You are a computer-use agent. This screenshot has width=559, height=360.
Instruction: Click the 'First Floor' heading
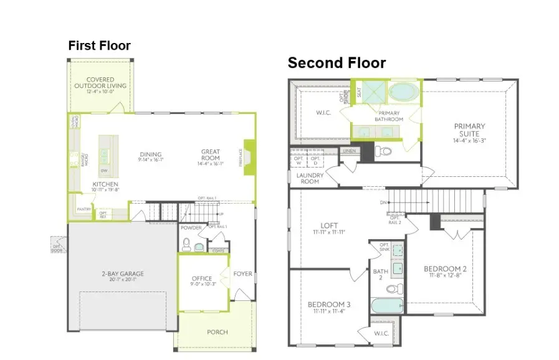click(x=99, y=45)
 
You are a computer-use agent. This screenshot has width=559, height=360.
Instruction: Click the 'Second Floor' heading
click(x=336, y=63)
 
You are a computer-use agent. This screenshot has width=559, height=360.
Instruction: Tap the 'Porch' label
click(x=217, y=332)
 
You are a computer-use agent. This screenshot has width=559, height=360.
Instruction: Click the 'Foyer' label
click(x=242, y=273)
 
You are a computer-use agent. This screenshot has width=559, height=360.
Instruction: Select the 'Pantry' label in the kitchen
click(x=83, y=209)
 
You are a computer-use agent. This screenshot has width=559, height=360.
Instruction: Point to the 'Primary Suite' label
click(x=469, y=130)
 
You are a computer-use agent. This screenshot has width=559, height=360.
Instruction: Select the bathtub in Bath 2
click(x=386, y=306)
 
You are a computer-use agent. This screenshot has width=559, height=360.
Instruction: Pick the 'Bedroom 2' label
click(x=445, y=269)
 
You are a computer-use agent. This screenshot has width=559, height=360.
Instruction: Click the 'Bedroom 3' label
click(x=329, y=305)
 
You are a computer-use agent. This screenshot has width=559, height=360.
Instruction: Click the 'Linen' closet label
click(x=348, y=151)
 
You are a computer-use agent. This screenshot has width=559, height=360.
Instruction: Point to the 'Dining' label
click(x=151, y=154)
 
